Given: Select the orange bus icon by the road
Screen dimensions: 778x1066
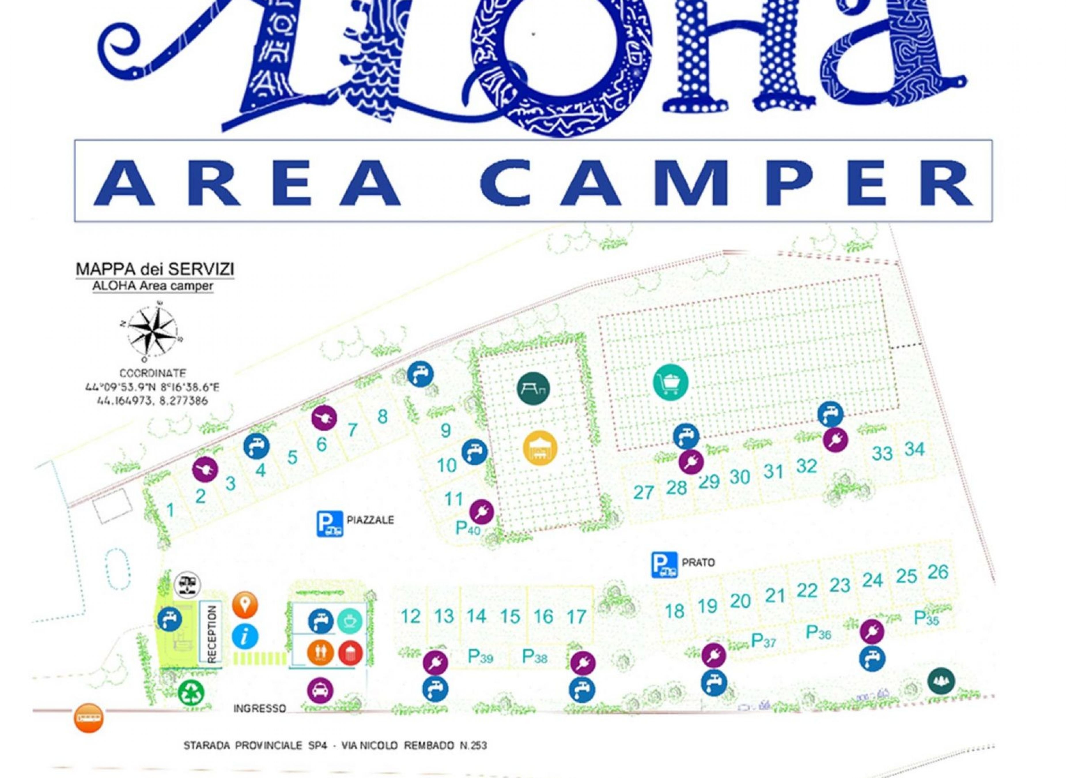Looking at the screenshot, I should coord(88,718).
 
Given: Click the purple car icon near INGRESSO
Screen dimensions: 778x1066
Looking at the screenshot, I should coord(320,690).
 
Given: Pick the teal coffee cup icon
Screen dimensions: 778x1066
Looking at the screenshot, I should coord(350,621).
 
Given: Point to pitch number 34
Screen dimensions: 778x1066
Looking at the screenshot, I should coord(914,449).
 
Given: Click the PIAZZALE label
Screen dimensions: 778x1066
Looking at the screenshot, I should coord(370,520).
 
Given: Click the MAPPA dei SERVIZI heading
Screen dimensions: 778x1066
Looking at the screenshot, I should coord(155,269).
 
